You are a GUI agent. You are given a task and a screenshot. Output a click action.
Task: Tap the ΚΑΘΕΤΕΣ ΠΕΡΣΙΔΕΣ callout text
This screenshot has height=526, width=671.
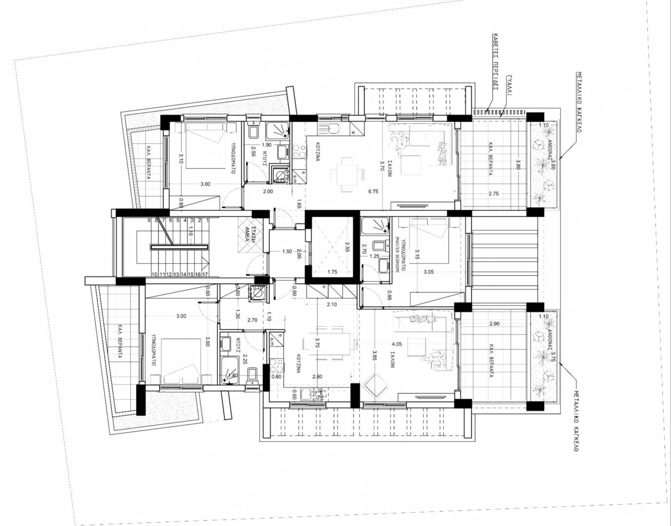tap(494, 62)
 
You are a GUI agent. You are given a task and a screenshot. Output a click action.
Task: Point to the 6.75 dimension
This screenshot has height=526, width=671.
tap(373, 191)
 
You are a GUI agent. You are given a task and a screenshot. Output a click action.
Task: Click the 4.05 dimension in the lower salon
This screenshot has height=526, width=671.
tap(396, 344)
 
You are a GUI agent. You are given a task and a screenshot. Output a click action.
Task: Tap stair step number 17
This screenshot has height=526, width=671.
tap(206, 274)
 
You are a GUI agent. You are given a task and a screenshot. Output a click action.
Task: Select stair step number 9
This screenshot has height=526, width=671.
tap(149, 221)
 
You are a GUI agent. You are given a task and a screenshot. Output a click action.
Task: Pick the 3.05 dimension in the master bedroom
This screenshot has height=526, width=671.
tap(428, 272)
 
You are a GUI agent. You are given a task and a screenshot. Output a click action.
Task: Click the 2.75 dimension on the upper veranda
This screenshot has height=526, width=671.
tap(494, 193)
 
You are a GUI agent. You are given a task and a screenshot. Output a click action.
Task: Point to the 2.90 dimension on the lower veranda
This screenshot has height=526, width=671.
tap(494, 324)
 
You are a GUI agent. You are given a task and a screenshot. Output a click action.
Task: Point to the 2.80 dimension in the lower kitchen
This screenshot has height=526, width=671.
tap(317, 376)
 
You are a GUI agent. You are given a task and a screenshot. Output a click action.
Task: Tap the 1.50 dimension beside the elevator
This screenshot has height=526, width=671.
tap(287, 252)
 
